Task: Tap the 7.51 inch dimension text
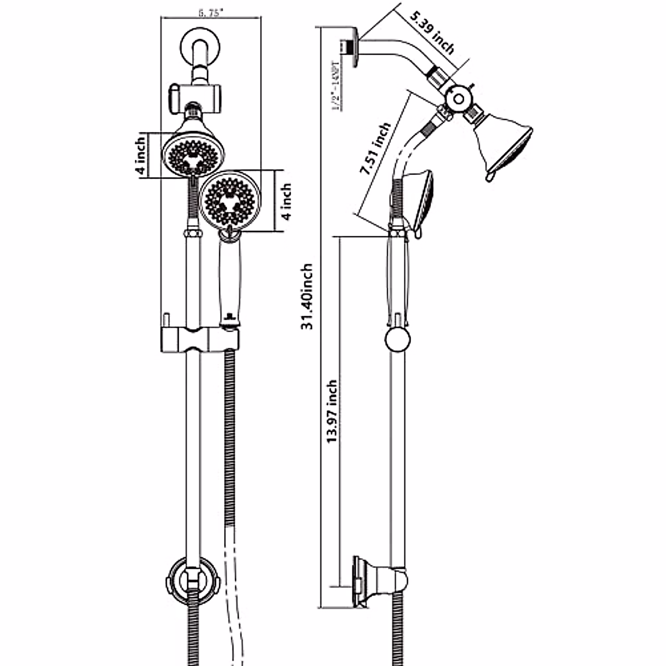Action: (375, 150)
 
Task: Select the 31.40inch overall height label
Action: (307, 297)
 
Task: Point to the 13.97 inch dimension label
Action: (332, 411)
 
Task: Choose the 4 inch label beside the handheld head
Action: (286, 201)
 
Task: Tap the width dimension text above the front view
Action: (210, 12)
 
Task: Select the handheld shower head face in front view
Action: (229, 200)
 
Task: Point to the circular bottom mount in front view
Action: (193, 580)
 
